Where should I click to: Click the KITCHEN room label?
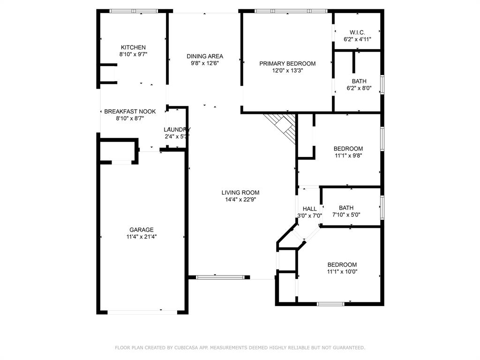click(133, 47)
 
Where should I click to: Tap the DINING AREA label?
click(204, 56)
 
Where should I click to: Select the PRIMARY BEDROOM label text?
click(287, 64)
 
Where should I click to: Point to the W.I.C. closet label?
click(357, 32)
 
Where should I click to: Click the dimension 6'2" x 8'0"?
click(359, 88)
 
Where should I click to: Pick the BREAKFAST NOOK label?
click(130, 112)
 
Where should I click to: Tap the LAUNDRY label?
click(177, 130)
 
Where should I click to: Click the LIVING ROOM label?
click(240, 193)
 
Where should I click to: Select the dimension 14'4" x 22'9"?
click(240, 199)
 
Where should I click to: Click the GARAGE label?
click(141, 230)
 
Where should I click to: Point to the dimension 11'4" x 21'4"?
click(141, 237)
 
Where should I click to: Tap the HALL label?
click(309, 209)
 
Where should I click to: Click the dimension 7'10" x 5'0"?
click(346, 215)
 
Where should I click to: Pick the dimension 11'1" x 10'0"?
click(342, 271)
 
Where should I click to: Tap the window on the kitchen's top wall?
click(134, 11)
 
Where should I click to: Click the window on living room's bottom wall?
click(220, 277)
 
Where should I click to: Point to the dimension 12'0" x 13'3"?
click(287, 71)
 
